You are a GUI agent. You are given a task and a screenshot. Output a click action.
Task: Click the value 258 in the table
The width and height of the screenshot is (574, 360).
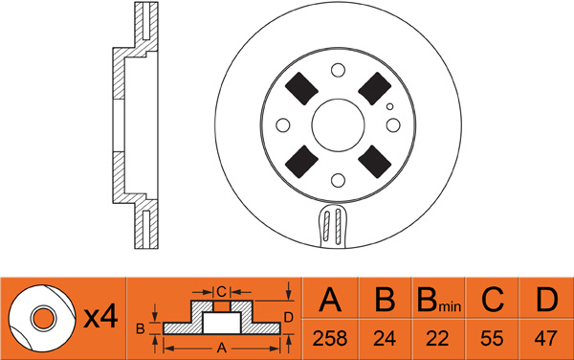(329, 338)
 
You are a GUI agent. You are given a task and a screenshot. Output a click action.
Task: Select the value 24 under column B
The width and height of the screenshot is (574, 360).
(385, 338)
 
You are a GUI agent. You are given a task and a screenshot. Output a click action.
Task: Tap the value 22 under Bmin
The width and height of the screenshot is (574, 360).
(437, 338)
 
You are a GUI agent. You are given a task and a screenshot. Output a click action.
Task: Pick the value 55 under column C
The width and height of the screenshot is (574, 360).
(492, 338)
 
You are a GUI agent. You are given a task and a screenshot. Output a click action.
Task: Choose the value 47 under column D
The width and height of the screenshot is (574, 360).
(545, 338)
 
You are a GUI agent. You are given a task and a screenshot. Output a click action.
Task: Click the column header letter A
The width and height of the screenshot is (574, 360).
(330, 299)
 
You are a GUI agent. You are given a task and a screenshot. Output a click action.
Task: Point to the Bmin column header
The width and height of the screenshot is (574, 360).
(438, 300)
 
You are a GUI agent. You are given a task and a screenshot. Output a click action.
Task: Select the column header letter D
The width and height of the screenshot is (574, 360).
(546, 299)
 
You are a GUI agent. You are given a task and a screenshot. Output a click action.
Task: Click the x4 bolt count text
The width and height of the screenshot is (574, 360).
(100, 317)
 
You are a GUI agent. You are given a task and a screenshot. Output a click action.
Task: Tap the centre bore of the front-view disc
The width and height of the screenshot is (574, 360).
(338, 124)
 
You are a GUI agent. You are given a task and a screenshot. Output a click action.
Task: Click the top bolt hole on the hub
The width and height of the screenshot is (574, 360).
(338, 70)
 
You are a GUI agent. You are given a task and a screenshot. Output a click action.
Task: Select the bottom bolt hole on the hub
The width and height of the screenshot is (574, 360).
(338, 180)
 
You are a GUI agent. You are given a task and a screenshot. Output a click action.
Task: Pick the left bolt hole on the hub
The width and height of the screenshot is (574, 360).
(283, 124)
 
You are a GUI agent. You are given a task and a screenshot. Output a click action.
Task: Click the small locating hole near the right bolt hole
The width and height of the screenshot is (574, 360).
(390, 106)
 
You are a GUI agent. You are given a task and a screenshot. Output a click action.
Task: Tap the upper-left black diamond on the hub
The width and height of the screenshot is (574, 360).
(301, 88)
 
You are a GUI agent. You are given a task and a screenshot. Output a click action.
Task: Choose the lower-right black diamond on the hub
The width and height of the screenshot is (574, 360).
(375, 162)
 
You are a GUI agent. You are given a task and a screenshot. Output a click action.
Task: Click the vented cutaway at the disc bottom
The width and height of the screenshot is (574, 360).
(332, 226)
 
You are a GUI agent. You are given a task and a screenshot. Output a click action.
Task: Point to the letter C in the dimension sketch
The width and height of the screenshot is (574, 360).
(222, 292)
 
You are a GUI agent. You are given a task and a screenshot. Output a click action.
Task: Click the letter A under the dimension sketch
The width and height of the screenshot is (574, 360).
(222, 348)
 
